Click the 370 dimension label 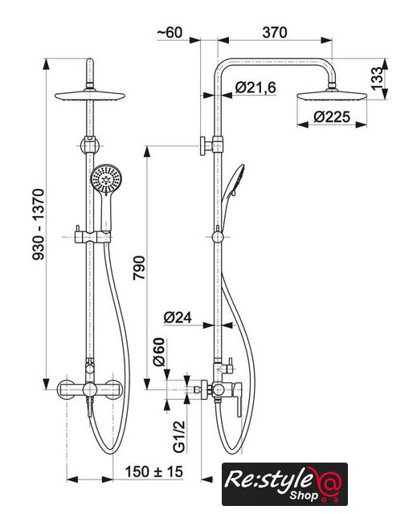point(275,32)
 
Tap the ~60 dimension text point(170,32)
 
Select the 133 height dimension point(377,78)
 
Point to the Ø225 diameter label point(332,116)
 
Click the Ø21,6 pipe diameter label point(256,88)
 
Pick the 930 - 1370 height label point(38,225)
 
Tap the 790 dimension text point(139,267)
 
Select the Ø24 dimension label point(178,317)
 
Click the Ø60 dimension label point(158,352)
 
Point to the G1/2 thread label point(179,437)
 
